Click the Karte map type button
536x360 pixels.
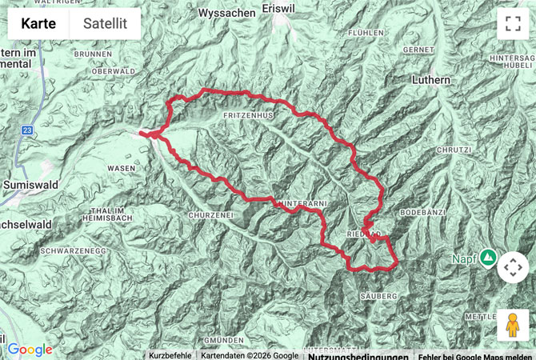pyautogui.click(x=38, y=23)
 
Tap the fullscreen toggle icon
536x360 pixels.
pyautogui.click(x=512, y=23)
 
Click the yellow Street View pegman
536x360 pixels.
pyautogui.click(x=513, y=326)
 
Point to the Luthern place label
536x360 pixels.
pyautogui.click(x=433, y=80)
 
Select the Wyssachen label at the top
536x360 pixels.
pyautogui.click(x=226, y=13)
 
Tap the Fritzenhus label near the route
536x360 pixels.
pyautogui.click(x=249, y=116)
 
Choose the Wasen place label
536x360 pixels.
pyautogui.click(x=121, y=168)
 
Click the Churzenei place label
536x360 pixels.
pyautogui.click(x=210, y=215)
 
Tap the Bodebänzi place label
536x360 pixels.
pyautogui.click(x=421, y=214)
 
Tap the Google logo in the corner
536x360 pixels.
pyautogui.click(x=30, y=350)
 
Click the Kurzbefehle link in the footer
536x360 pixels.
pyautogui.click(x=170, y=355)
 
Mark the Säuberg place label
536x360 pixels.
pyautogui.click(x=379, y=296)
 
